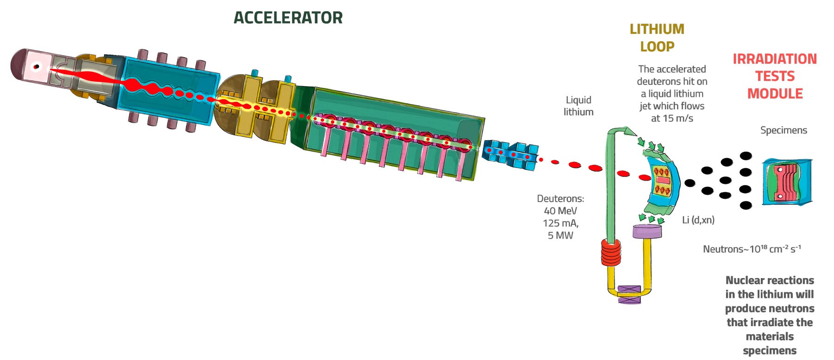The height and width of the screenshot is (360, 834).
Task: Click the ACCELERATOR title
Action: pos(288,18)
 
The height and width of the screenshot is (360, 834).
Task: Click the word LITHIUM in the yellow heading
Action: pos(657,29)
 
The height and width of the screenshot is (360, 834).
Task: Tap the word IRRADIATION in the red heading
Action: pos(774,59)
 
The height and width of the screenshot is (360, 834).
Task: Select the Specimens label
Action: pos(783,130)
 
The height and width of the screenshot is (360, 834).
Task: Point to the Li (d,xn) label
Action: pos(698,220)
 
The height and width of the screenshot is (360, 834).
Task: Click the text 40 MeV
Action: pos(560,211)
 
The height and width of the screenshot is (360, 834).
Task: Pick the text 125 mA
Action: pos(560,223)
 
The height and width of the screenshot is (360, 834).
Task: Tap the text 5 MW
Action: pos(560,235)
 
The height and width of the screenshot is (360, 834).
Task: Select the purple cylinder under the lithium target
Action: pos(647,231)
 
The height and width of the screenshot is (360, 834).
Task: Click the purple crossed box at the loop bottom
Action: pos(629,294)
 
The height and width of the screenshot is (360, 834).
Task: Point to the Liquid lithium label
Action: pos(578,106)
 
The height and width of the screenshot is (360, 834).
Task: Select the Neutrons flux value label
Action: pos(752,249)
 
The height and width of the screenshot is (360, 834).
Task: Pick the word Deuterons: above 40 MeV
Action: pos(560,199)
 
